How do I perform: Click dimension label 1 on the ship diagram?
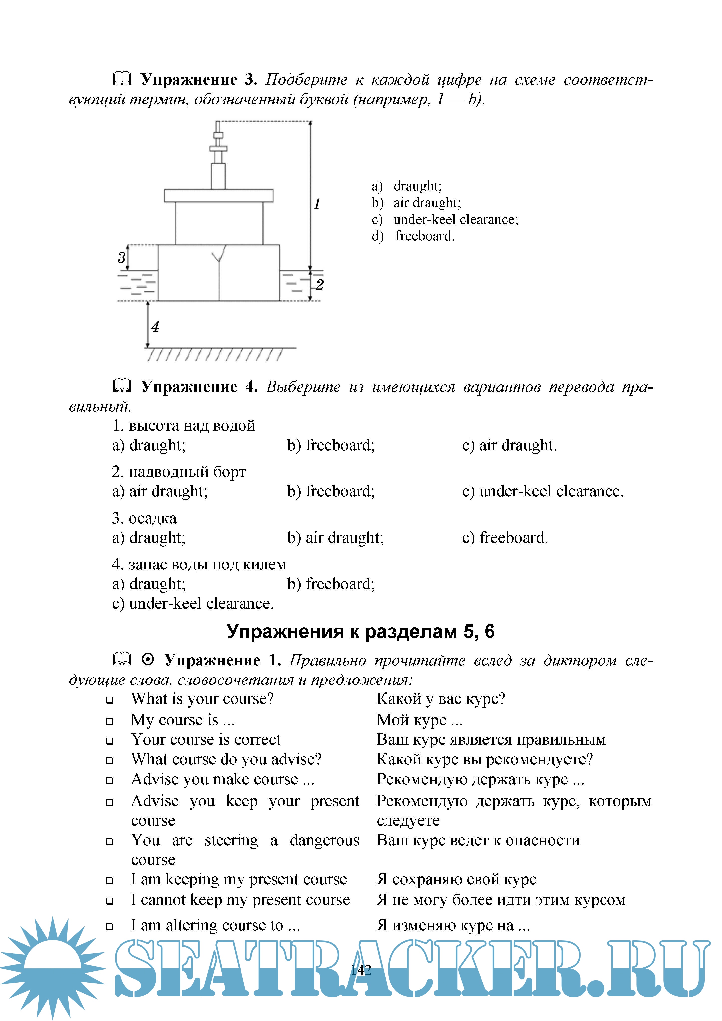pyautogui.click(x=317, y=204)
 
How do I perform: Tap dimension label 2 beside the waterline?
pyautogui.click(x=319, y=285)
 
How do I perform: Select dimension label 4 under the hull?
pyautogui.click(x=155, y=326)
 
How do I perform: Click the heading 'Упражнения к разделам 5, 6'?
pyautogui.click(x=360, y=631)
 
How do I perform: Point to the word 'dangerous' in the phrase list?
pyautogui.click(x=324, y=840)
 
